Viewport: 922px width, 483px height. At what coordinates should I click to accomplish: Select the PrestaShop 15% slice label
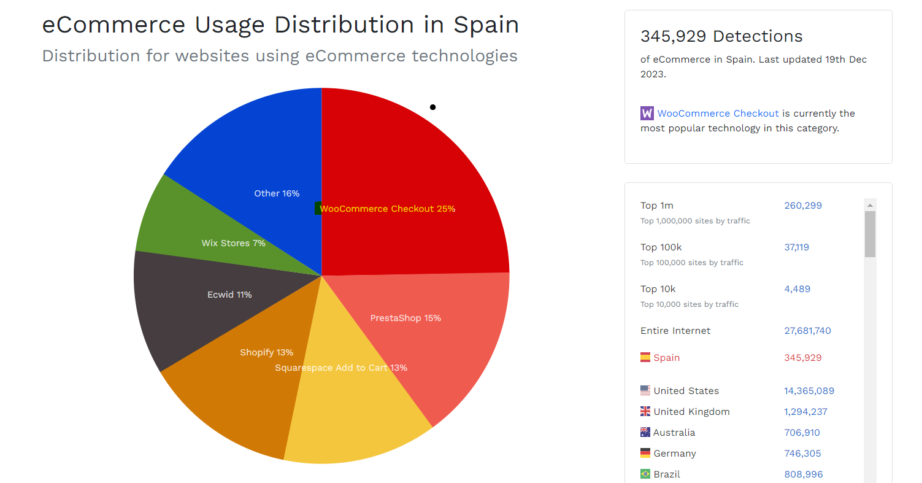405,318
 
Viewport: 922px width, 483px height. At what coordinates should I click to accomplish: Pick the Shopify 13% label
266,352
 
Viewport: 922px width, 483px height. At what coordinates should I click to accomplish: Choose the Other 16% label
277,193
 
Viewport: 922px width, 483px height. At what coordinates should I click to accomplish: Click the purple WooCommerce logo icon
647,114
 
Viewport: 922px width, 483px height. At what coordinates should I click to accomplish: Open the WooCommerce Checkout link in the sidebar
718,114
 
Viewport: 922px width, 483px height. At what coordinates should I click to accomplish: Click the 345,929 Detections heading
721,36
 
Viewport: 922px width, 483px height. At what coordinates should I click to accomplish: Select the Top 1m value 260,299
803,206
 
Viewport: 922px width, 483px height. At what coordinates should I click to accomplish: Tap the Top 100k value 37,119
796,247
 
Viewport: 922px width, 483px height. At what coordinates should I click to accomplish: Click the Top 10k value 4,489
797,289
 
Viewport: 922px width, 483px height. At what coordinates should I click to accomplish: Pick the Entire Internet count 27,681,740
807,331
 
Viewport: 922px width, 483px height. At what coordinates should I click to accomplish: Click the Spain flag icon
645,357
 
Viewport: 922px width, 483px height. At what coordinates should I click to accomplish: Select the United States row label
686,391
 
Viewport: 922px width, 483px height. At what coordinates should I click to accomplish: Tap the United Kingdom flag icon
645,411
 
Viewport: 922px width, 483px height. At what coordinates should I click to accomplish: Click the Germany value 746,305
802,454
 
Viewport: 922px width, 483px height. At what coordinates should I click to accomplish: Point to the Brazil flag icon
645,474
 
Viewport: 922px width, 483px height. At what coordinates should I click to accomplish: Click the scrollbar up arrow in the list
870,205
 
